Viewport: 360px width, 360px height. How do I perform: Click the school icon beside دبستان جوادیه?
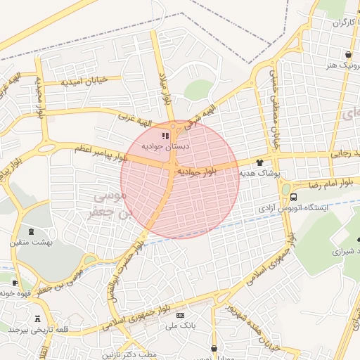click(x=165, y=136)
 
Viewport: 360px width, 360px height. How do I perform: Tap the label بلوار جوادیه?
click(x=196, y=170)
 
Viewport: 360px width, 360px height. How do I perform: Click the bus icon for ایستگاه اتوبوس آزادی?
click(x=293, y=197)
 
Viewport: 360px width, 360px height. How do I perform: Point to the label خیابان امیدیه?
click(x=84, y=81)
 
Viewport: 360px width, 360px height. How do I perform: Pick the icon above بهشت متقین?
click(x=30, y=231)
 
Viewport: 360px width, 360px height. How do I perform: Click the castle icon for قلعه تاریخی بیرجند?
click(x=37, y=319)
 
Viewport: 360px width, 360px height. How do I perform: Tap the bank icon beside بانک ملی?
click(x=180, y=315)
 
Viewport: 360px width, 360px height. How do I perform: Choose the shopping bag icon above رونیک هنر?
click(x=347, y=54)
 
